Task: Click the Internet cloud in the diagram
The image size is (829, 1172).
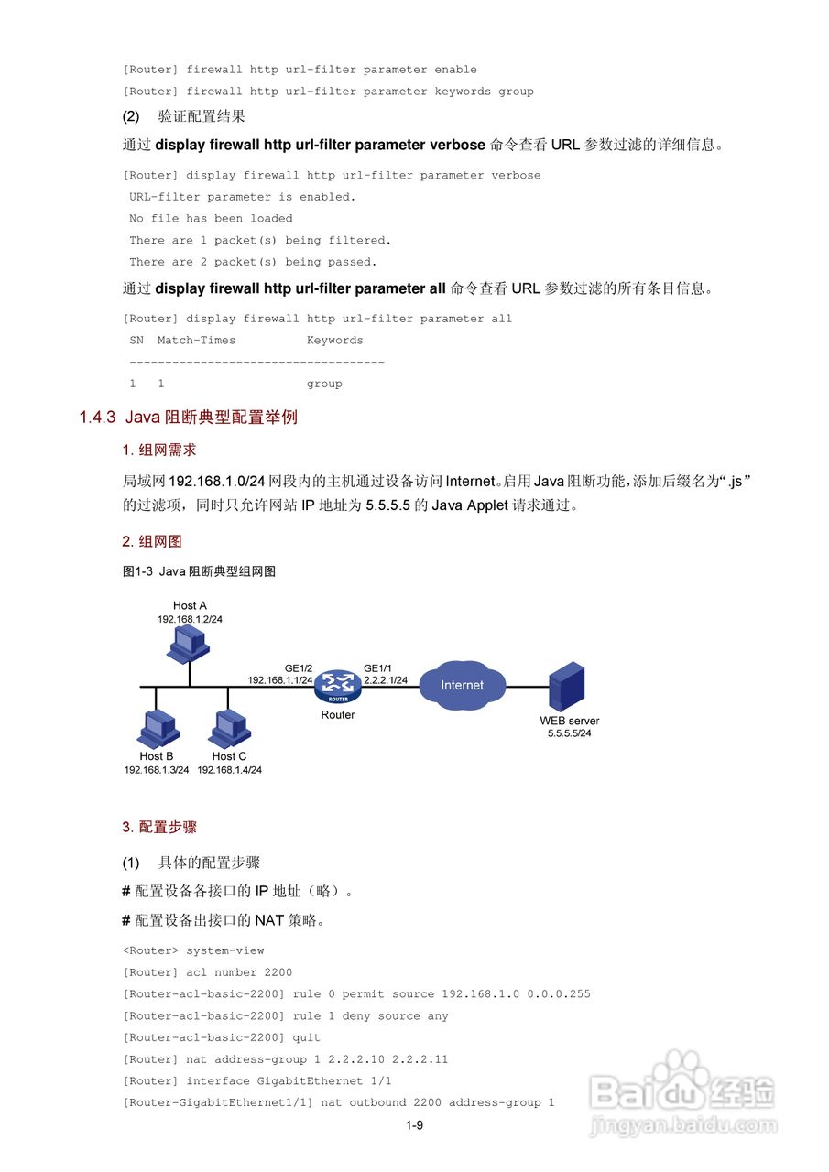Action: pos(463,685)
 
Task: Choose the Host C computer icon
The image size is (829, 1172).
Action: pos(228,729)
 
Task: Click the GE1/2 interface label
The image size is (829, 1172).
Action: pos(299,667)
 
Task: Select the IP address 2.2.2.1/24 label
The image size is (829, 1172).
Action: pos(386,680)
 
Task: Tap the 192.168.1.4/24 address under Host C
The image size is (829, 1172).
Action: pos(230,770)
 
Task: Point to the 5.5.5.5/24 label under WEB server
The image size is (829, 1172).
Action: pos(569,733)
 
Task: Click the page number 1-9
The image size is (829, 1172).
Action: pos(414,1125)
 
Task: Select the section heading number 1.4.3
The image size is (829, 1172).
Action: pos(97,418)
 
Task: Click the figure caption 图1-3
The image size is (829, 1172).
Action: pos(137,571)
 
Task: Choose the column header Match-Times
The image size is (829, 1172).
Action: pos(196,341)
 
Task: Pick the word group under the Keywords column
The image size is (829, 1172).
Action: pos(324,384)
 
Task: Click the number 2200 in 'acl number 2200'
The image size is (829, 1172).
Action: pos(278,972)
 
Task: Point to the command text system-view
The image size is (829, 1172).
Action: pos(225,950)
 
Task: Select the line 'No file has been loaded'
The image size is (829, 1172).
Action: pos(211,219)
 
